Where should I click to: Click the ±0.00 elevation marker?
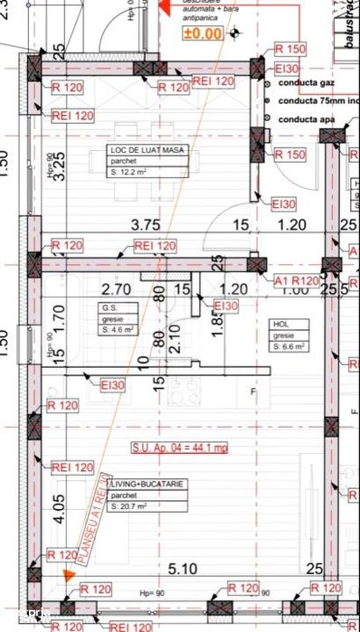coord(203,33)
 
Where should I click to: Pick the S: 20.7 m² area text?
coord(132,506)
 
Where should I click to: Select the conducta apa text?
coord(307,118)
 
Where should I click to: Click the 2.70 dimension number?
coord(116,290)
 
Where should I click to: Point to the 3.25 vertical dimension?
coord(58,167)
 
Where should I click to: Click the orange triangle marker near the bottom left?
coord(68,572)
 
